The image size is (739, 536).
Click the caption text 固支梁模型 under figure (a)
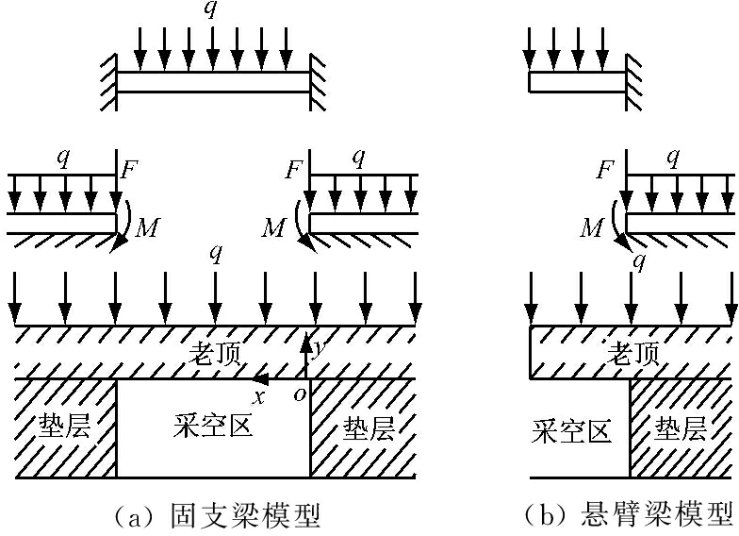[x=246, y=514]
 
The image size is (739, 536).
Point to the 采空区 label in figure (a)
[x=213, y=427]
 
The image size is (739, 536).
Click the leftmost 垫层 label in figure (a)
[x=65, y=427]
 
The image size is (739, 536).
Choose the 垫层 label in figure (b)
[x=682, y=430]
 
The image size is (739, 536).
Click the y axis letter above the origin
[x=320, y=346]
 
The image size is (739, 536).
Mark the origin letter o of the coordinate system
[x=300, y=395]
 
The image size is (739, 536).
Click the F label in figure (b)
[x=606, y=172]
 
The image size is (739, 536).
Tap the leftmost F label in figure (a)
[x=130, y=172]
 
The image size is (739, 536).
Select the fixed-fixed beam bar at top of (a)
[x=213, y=82]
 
